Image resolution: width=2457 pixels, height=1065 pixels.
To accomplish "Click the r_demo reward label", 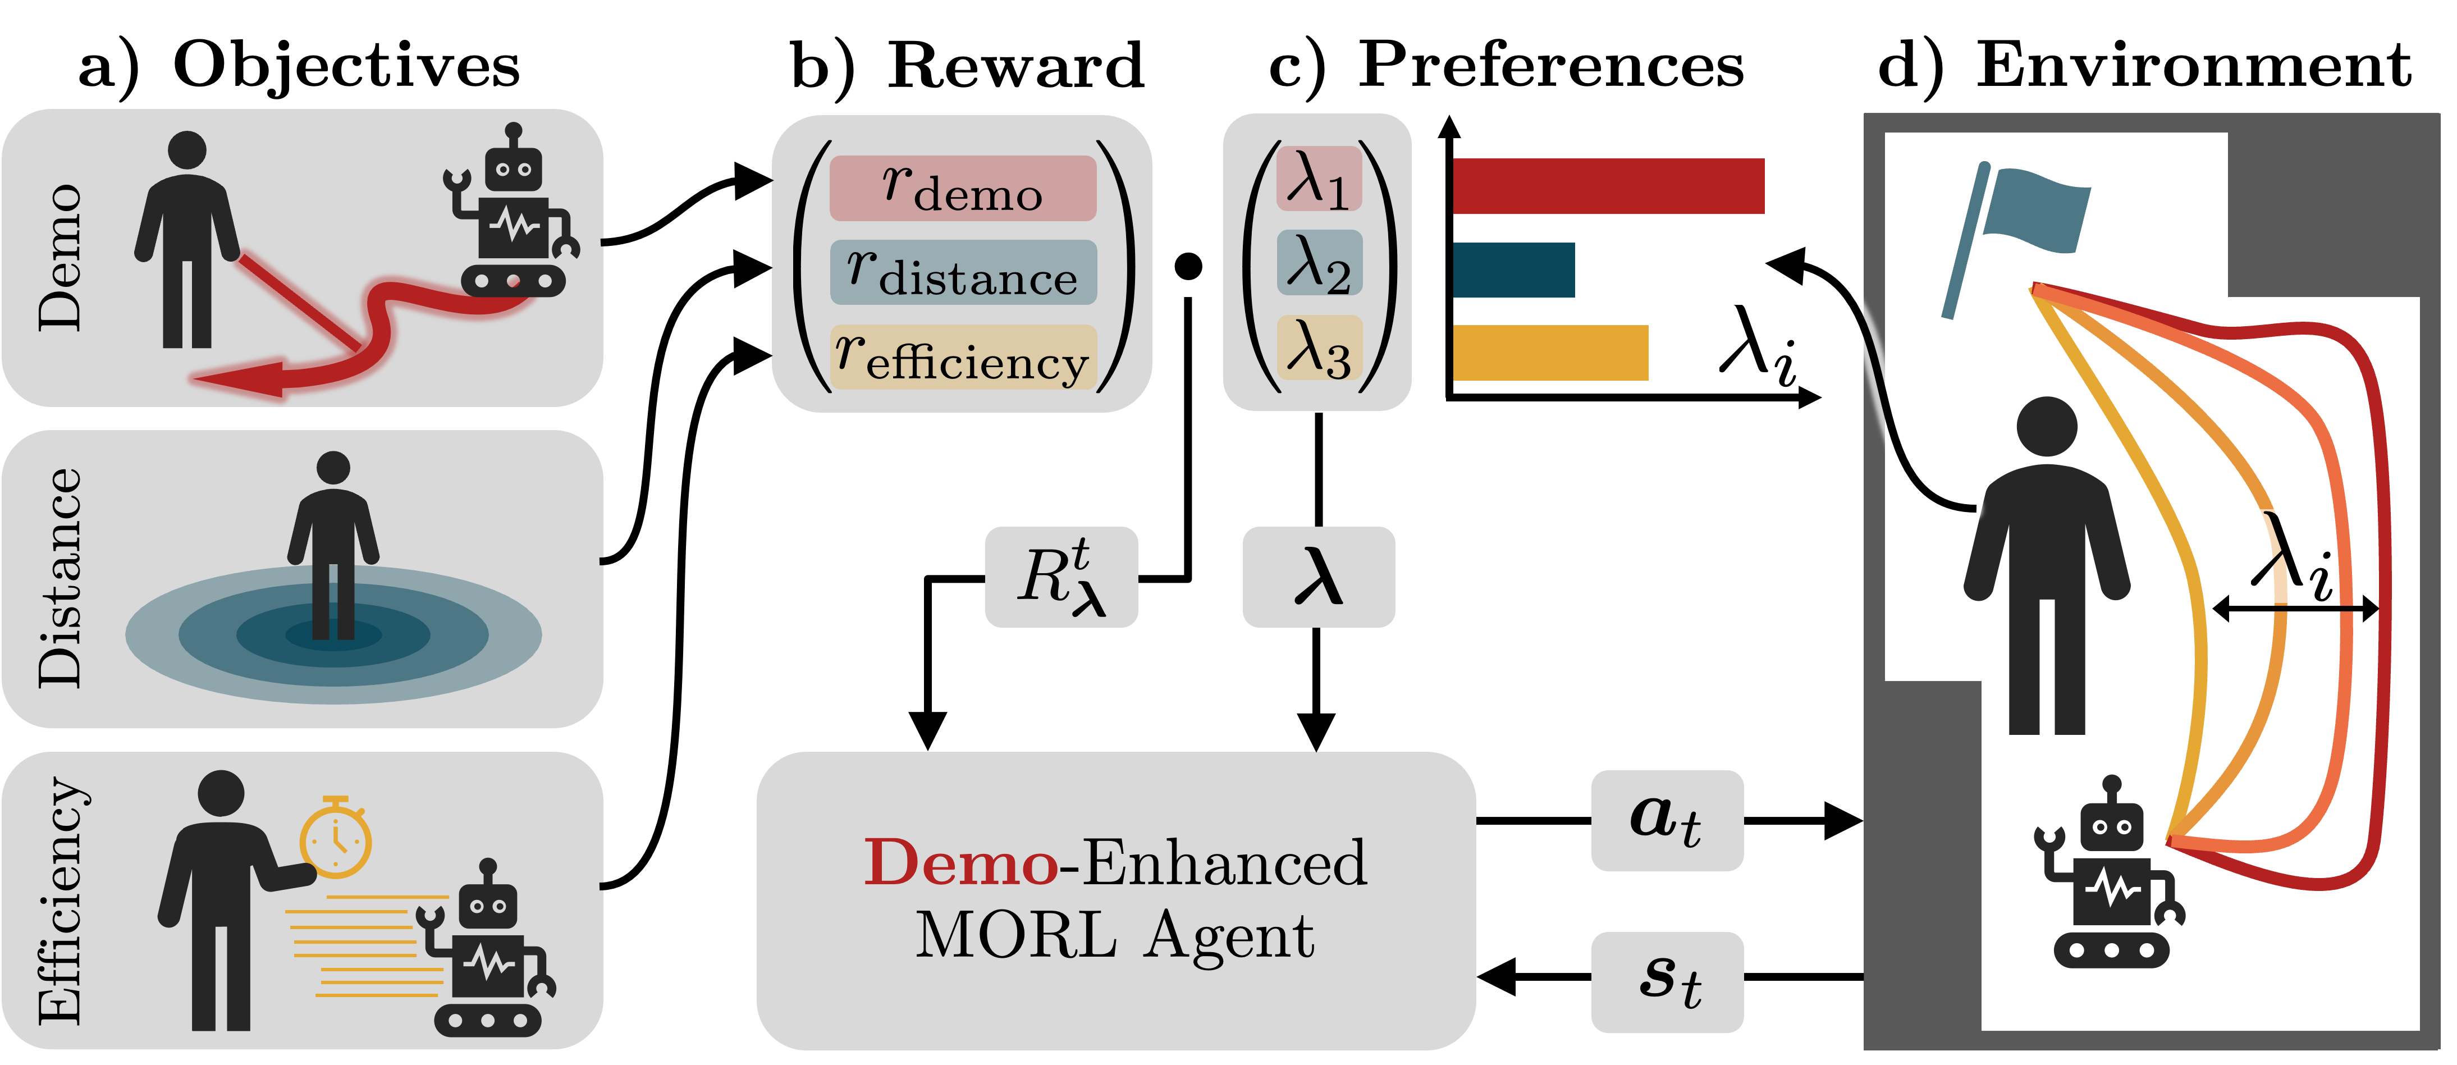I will pos(962,188).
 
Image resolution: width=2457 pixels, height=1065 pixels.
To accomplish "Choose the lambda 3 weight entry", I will pos(1318,348).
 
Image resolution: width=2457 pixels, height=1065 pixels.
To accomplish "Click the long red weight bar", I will pos(1608,186).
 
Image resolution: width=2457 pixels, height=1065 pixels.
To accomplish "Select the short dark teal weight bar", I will pos(1513,270).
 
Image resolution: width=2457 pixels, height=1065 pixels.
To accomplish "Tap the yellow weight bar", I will pos(1550,353).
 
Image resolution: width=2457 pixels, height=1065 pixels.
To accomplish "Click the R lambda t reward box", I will pos(1060,577).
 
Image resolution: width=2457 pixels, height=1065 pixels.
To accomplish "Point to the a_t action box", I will pos(1666,821).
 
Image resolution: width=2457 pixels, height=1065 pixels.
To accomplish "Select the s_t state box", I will pos(1666,982).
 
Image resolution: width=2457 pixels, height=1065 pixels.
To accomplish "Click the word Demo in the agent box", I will pos(959,863).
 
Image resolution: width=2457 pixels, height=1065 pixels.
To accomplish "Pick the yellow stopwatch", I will pos(336,838).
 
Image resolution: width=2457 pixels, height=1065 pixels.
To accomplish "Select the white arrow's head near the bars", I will pos(1779,262).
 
